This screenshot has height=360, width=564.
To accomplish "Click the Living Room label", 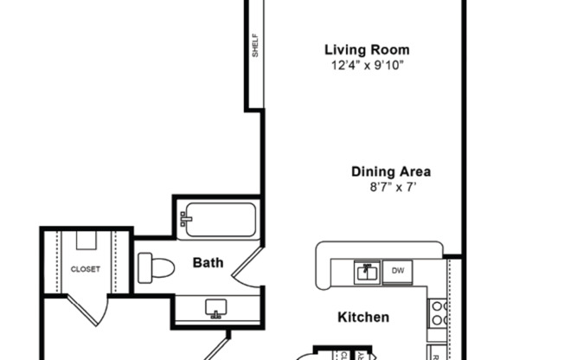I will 367,49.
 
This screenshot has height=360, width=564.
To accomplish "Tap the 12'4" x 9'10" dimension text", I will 367,65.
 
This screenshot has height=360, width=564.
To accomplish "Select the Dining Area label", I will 391,170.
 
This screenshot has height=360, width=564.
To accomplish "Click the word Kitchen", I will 362,318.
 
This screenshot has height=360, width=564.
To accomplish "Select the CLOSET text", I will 86,269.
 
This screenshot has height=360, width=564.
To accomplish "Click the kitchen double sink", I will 367,272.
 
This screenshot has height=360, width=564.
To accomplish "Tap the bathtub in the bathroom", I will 219,220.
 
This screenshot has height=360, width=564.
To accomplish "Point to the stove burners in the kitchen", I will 438,312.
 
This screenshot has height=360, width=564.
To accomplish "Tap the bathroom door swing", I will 248,267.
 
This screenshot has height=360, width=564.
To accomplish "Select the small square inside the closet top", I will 86,240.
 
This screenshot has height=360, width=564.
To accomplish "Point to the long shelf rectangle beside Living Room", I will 255,52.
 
